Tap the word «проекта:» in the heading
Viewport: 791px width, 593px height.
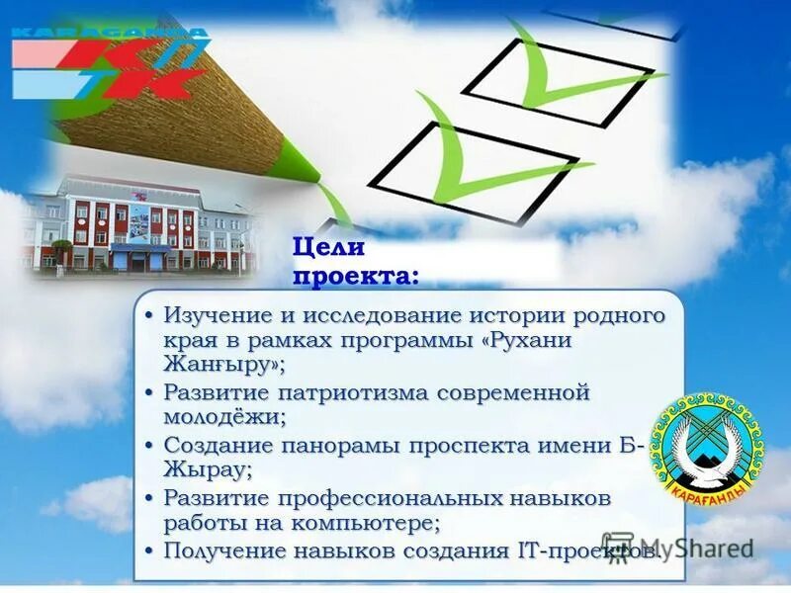tap(354, 276)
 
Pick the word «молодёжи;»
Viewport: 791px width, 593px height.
tap(224, 417)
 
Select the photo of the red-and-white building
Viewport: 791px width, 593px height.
tap(138, 227)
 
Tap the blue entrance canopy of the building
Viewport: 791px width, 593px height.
tap(137, 250)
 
